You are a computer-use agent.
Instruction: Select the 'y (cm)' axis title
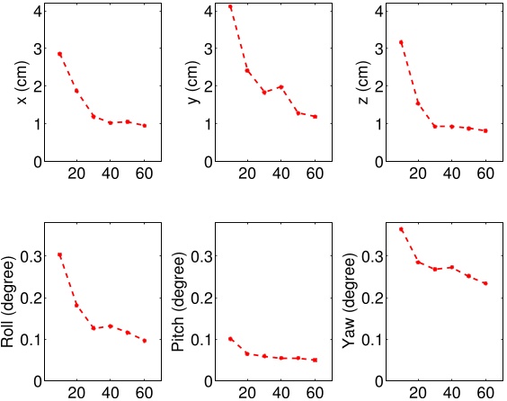click(191, 86)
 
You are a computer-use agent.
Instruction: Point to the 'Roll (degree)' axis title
click(11, 301)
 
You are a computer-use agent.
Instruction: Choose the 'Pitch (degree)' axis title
click(180, 301)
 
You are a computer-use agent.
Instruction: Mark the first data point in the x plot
click(60, 54)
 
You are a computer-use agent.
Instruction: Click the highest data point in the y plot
click(230, 7)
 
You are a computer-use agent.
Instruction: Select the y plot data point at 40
click(280, 87)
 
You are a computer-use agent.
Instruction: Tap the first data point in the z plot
click(401, 42)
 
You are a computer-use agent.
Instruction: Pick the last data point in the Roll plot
click(144, 341)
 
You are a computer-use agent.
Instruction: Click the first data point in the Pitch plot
click(230, 339)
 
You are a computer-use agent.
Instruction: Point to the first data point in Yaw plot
click(401, 229)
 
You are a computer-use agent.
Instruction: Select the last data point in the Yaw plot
click(485, 283)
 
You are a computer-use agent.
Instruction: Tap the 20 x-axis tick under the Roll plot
click(76, 393)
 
